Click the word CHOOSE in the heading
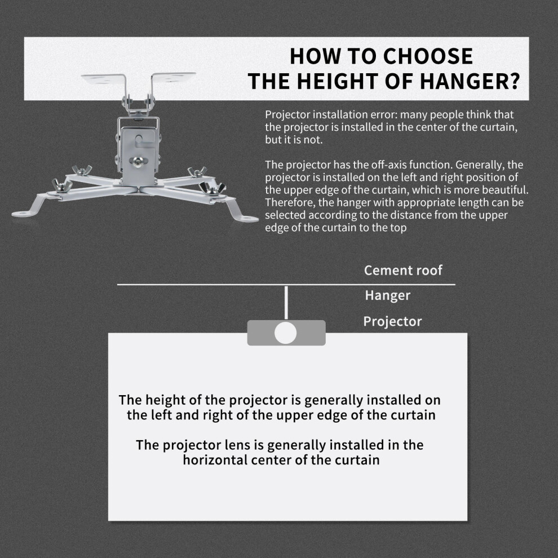coord(428,56)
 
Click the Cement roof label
coord(403,270)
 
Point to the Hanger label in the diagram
coord(388,295)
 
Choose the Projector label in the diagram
coord(392,321)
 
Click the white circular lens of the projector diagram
coord(285,333)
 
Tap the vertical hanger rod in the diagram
coord(286,303)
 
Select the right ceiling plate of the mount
coord(173,77)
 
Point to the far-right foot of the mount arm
coord(246,218)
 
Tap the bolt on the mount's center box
coord(139,161)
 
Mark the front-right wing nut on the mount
coord(212,188)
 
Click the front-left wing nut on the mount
coord(62,185)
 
